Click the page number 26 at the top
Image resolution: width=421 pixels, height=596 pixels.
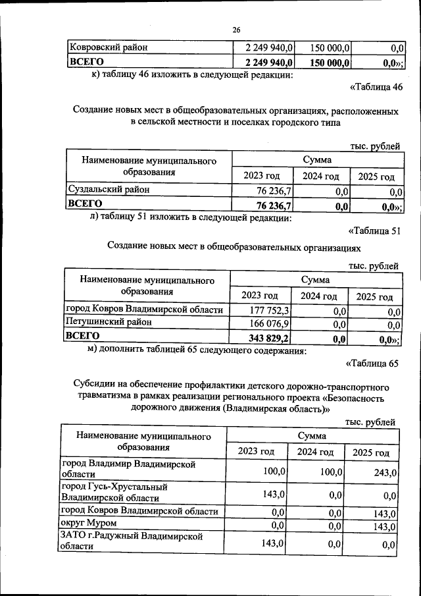pos(236,30)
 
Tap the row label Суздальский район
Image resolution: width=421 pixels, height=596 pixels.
pos(109,190)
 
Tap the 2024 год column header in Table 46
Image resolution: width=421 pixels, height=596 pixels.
pos(321,176)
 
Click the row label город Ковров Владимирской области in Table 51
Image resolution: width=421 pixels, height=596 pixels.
pos(144,310)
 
